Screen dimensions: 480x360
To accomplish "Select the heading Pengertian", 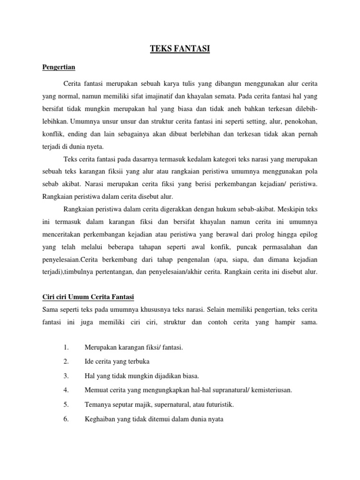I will tap(59, 67).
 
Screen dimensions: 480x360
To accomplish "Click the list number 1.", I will tap(66, 347).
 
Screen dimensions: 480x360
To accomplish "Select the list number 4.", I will tap(66, 390).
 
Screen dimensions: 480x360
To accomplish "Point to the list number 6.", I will tap(66, 419).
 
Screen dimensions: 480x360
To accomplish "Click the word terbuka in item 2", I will tap(139, 361).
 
